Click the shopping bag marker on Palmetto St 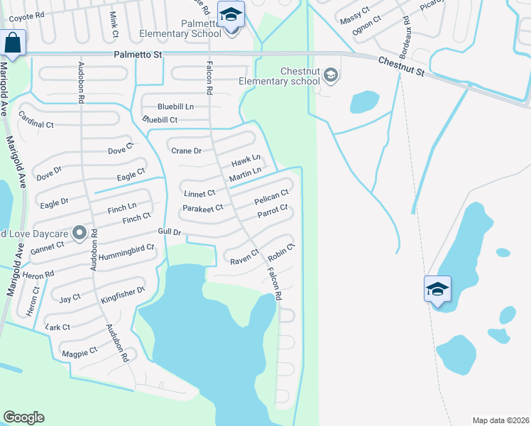(x=13, y=42)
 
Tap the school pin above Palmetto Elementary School (x=231, y=14)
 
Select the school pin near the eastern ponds (x=438, y=289)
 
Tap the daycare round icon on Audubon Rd (x=80, y=232)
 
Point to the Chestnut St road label (x=400, y=67)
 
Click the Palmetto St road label (x=138, y=54)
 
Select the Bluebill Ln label (x=175, y=106)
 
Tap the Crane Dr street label (x=187, y=151)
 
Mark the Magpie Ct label (x=79, y=351)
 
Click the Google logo (x=23, y=417)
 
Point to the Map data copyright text (x=500, y=420)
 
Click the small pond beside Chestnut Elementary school (x=364, y=102)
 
